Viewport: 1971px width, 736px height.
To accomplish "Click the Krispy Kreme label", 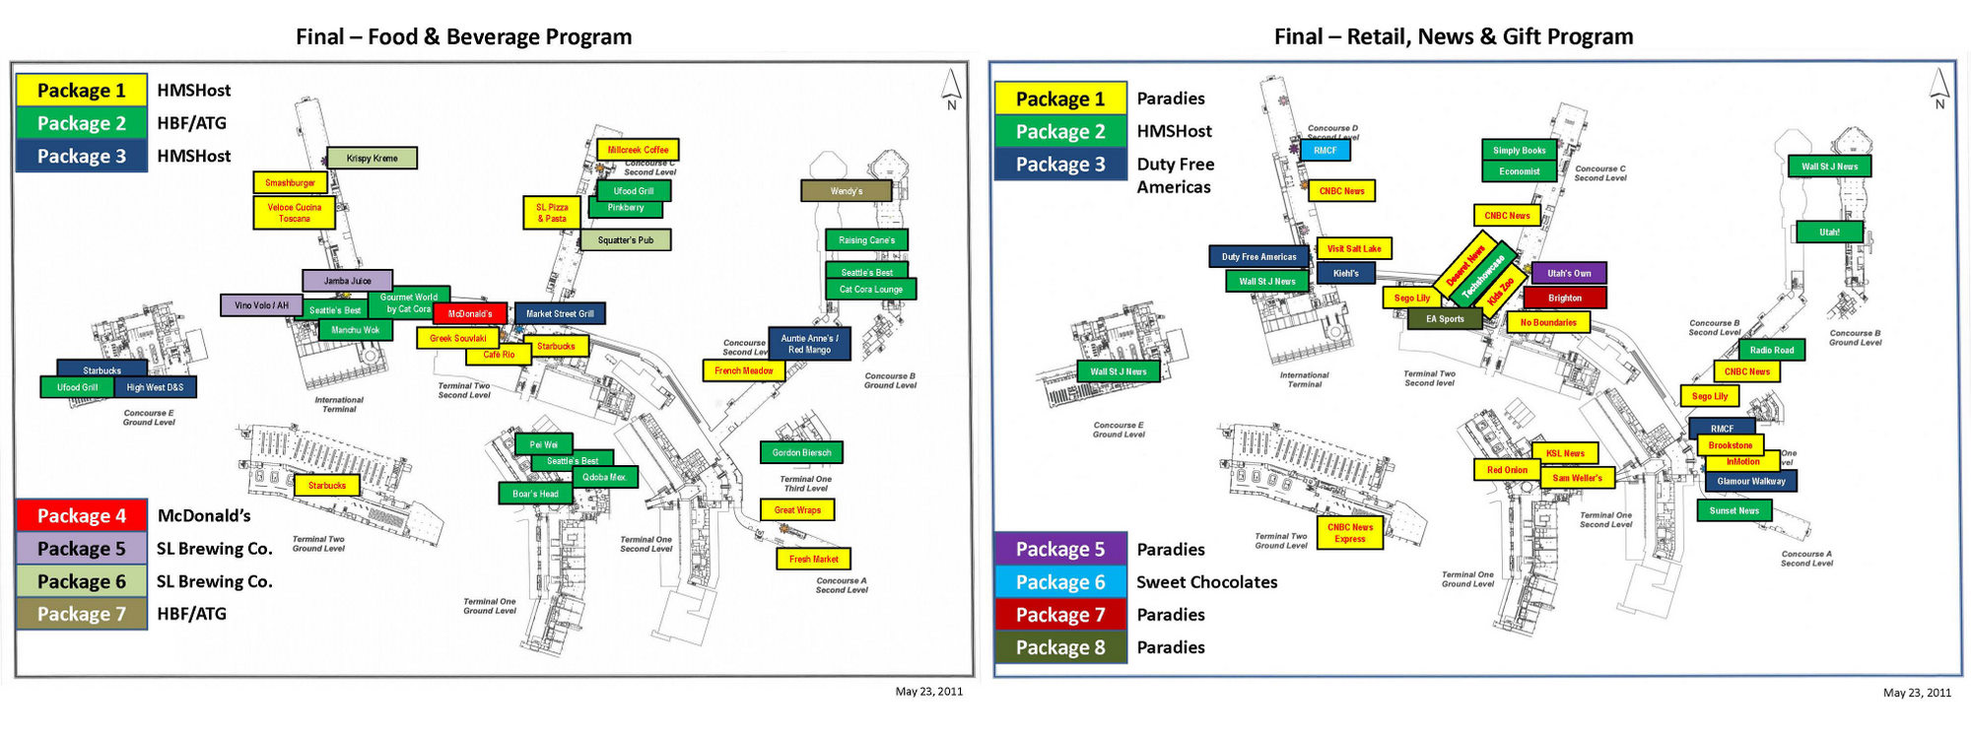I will pyautogui.click(x=372, y=158).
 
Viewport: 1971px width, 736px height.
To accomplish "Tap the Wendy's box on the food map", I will pyautogui.click(x=846, y=191).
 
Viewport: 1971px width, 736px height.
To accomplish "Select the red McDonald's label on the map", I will pyautogui.click(x=470, y=313).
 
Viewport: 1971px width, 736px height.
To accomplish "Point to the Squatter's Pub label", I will pyautogui.click(x=625, y=239).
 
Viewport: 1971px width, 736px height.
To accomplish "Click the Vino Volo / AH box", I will pyautogui.click(x=261, y=305).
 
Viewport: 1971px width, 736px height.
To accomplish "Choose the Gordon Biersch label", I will pyautogui.click(x=801, y=452).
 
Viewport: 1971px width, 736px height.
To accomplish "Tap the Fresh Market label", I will pyautogui.click(x=813, y=559).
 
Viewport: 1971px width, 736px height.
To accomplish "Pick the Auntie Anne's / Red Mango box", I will pyautogui.click(x=809, y=344).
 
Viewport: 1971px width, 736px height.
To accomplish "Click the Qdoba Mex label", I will pyautogui.click(x=604, y=477).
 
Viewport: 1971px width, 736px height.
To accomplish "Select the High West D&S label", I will pyautogui.click(x=155, y=387).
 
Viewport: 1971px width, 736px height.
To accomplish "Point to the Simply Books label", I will pyautogui.click(x=1519, y=150).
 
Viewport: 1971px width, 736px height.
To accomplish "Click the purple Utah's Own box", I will pyautogui.click(x=1569, y=273).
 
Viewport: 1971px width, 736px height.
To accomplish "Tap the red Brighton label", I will pyautogui.click(x=1564, y=298).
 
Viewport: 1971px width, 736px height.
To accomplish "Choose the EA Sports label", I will pyautogui.click(x=1445, y=318).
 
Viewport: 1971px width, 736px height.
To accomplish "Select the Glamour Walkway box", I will pyautogui.click(x=1751, y=481).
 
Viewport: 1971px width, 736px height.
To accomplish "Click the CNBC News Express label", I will pyautogui.click(x=1349, y=533).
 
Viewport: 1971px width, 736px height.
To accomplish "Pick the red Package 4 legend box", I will pyautogui.click(x=82, y=515).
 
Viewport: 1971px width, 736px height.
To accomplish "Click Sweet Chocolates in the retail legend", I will pyautogui.click(x=1206, y=582).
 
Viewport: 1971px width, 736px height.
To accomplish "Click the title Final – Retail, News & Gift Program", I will pyautogui.click(x=1454, y=36).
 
